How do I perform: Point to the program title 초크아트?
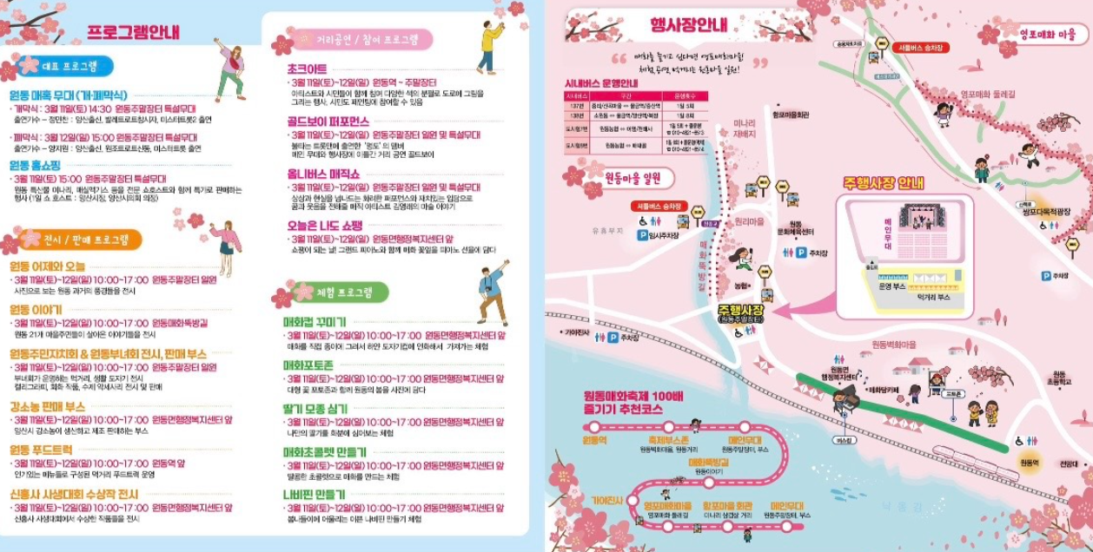[x=307, y=69]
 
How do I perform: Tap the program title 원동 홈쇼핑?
[x=35, y=165]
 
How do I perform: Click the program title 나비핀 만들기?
[x=315, y=493]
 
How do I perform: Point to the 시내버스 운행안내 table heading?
[x=601, y=83]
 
